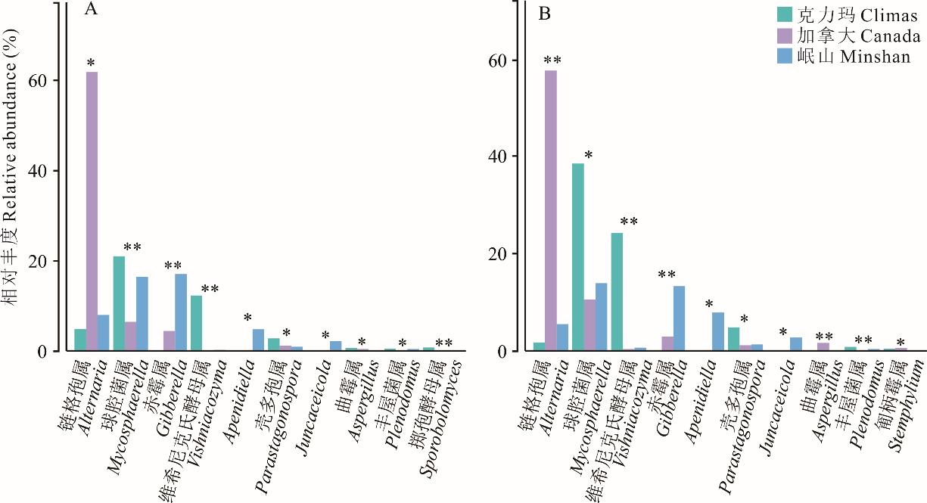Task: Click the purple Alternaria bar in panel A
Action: [x=92, y=212]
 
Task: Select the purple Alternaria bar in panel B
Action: [x=550, y=211]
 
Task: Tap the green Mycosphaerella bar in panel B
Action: [x=578, y=257]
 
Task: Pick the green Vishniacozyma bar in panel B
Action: [x=617, y=292]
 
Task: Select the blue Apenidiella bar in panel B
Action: [x=717, y=332]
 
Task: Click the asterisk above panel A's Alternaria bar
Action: [x=91, y=63]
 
